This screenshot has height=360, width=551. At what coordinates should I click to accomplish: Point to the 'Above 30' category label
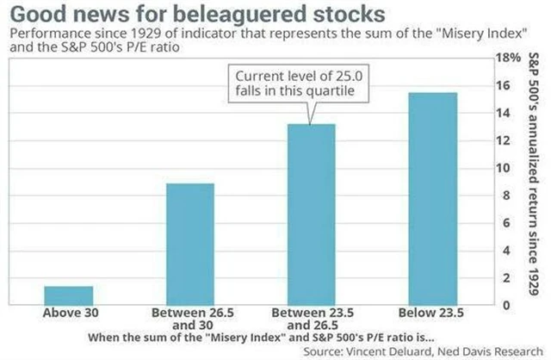[x=68, y=313]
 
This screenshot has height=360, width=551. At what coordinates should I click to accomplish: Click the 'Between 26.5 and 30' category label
[x=189, y=319]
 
